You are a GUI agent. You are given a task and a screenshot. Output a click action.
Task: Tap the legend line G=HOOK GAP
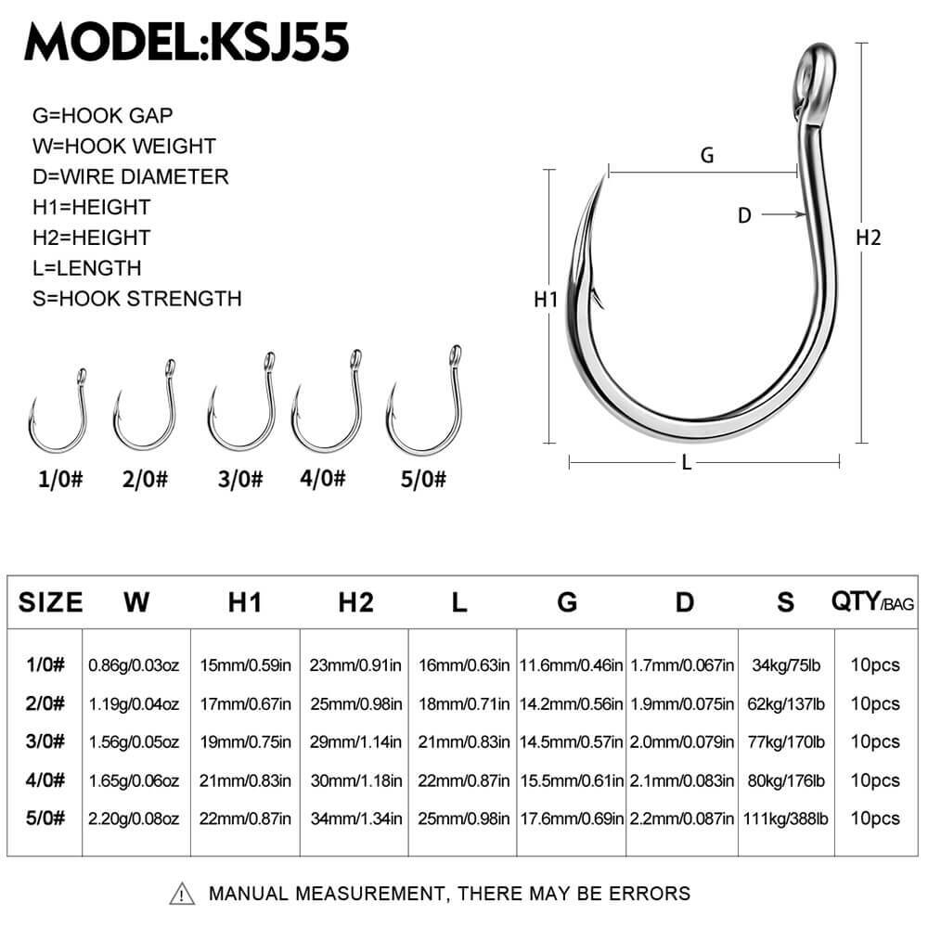coord(102,115)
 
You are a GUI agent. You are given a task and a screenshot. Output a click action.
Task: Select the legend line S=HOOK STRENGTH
coord(136,299)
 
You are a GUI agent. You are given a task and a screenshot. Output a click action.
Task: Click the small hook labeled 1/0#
coord(58,408)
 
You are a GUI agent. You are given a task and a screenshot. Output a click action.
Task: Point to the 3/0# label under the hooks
coord(239,480)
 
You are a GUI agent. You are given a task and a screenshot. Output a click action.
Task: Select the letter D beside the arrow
coord(743,215)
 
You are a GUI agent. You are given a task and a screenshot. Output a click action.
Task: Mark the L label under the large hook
coord(687,463)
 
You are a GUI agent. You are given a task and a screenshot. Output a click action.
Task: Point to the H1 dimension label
coord(545,300)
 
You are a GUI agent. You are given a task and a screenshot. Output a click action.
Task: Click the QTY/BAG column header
coord(872,603)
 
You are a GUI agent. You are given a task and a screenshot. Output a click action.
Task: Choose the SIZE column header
coord(51,602)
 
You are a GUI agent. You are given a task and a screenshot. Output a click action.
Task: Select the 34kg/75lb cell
coord(786,664)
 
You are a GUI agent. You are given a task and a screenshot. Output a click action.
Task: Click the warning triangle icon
coord(183,894)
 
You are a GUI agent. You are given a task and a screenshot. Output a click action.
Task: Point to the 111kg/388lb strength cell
coord(786,818)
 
